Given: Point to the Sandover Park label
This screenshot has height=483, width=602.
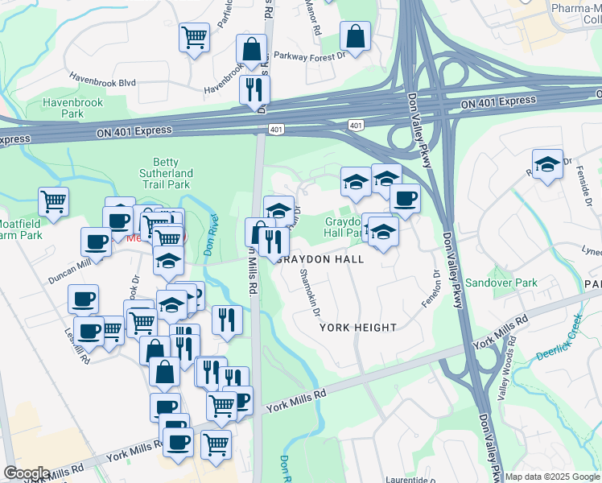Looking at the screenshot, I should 501,283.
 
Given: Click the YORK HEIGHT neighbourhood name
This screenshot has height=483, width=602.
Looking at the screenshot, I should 358,328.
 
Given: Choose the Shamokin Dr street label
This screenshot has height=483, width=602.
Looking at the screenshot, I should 311,292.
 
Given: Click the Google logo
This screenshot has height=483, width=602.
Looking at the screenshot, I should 27,473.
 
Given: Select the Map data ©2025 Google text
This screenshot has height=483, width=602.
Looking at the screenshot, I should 552,477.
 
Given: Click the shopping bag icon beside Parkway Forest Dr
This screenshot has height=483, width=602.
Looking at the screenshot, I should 355,36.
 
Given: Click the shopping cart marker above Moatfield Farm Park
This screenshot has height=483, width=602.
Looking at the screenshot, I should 53,201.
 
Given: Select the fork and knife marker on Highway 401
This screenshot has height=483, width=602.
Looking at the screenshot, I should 254,89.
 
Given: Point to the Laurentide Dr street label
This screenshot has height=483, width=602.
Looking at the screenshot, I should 411,480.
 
